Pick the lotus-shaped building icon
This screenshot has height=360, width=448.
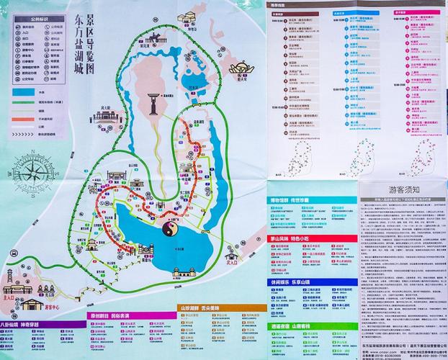pos(238,68)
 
